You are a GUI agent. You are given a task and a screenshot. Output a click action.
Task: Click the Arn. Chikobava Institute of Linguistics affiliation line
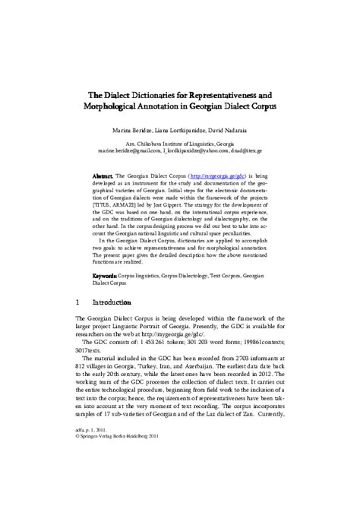tap(179, 144)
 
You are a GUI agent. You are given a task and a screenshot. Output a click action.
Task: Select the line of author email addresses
tap(180, 152)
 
